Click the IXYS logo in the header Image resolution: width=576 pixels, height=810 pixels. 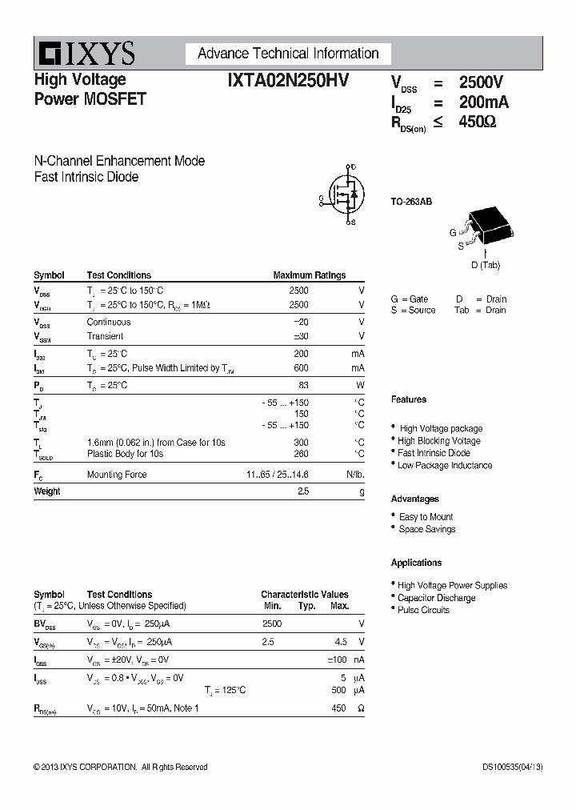(x=85, y=54)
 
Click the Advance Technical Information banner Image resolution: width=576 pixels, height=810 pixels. (x=288, y=54)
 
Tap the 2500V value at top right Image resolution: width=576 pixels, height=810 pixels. (x=481, y=82)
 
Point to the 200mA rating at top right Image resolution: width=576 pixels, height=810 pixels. (x=483, y=102)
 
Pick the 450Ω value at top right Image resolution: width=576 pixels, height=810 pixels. (x=478, y=122)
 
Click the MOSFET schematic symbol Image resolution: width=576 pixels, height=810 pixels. (x=342, y=194)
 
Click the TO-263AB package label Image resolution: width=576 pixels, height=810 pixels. (x=411, y=202)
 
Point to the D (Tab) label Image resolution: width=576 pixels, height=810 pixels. (x=486, y=265)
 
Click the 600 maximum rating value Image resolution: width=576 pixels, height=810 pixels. (x=300, y=368)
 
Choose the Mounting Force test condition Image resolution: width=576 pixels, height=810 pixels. (x=117, y=475)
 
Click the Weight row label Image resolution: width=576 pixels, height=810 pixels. (x=47, y=491)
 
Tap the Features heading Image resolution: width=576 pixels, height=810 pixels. (x=409, y=399)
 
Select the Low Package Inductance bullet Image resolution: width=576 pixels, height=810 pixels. (x=445, y=465)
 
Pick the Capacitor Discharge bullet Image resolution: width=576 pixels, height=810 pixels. (x=436, y=598)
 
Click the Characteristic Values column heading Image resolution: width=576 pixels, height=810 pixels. (x=305, y=595)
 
